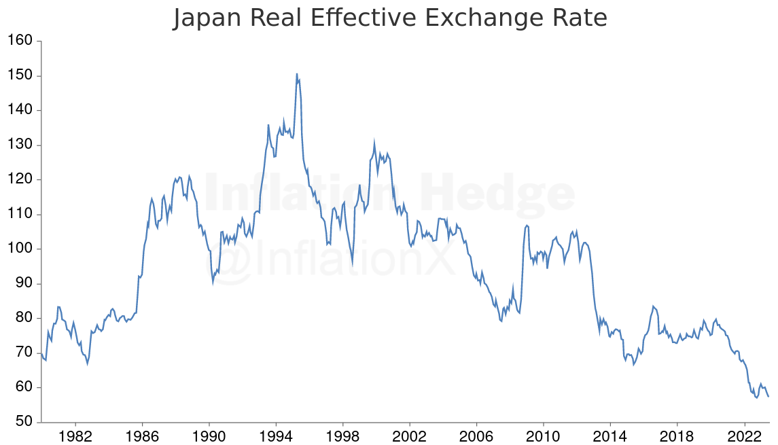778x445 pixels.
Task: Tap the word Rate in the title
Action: [x=577, y=18]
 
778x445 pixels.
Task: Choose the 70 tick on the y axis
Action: [x=25, y=353]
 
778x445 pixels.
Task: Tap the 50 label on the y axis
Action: [x=25, y=422]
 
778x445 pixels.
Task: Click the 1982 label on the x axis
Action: [x=75, y=435]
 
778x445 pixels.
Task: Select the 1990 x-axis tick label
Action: [x=209, y=435]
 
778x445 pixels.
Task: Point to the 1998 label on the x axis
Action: [x=343, y=435]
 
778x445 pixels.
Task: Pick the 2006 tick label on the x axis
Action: [x=477, y=435]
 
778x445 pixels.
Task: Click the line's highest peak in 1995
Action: [x=297, y=73]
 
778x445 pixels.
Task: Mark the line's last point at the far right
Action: [x=768, y=397]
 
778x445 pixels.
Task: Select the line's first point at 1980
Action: [x=41, y=354]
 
